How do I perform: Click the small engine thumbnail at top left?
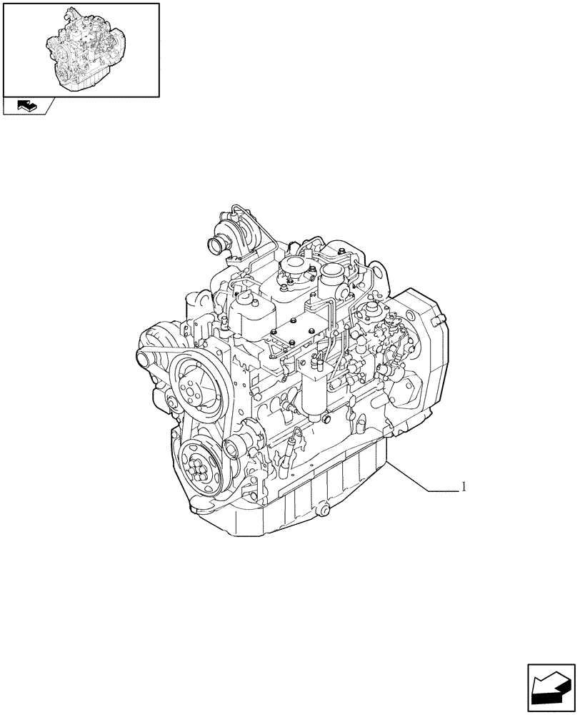[x=81, y=49]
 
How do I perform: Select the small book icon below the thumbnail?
[x=26, y=106]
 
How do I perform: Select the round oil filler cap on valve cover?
[x=292, y=267]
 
